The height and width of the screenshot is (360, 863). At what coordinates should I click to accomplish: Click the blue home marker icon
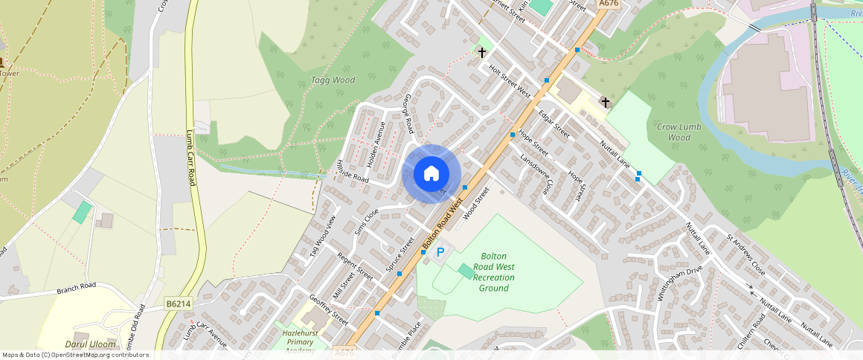(431, 174)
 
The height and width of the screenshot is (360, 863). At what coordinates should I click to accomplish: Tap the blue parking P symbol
(440, 253)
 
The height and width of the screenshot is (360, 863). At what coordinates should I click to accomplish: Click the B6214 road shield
(179, 303)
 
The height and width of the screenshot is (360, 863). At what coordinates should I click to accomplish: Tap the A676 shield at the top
(609, 4)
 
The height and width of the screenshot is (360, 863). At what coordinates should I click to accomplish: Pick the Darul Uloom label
(92, 344)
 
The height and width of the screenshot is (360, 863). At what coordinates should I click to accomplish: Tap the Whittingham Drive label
(679, 283)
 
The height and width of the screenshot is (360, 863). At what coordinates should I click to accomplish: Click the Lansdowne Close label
(537, 175)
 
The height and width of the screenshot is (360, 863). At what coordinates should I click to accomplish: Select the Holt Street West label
(510, 81)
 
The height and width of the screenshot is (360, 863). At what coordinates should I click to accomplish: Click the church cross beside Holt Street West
(482, 52)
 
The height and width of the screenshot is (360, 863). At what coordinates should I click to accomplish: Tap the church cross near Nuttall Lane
(605, 102)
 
